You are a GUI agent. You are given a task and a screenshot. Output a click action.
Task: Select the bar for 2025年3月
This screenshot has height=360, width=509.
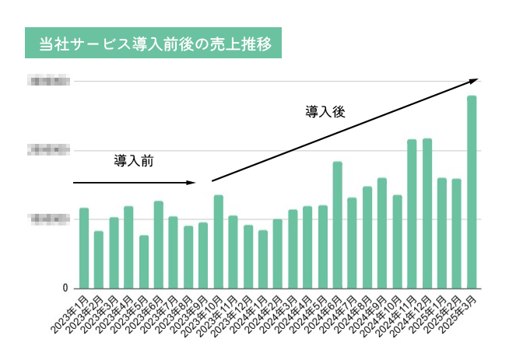coord(472,191)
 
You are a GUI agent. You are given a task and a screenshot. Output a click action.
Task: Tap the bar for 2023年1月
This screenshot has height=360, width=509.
coord(84,247)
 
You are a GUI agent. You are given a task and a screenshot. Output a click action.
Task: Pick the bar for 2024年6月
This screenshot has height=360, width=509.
coord(338,225)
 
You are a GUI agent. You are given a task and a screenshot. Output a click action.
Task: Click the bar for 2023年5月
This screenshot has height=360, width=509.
coord(144,261)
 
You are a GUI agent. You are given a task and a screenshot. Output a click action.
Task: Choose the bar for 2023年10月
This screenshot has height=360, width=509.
coord(219,241)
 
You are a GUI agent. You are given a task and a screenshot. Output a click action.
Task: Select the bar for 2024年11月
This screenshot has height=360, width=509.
coord(412,213)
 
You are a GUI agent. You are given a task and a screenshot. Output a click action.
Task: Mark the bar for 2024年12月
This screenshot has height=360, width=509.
coord(427,213)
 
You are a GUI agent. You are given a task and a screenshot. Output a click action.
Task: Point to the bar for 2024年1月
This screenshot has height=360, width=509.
coord(263,259)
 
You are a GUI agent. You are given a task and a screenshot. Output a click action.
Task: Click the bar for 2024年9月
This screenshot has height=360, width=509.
coord(382,232)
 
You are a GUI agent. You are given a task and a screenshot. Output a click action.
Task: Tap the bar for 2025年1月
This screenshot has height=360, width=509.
coord(442,232)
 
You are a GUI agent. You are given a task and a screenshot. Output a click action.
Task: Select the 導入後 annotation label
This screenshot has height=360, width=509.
coord(325,112)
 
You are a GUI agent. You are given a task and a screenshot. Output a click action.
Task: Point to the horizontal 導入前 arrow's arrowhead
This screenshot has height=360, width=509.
coord(192,183)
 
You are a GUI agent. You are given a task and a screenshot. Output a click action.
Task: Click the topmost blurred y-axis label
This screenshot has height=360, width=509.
coord(48,81)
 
